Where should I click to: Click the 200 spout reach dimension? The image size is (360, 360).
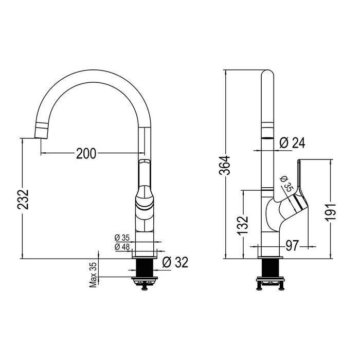click(86, 153)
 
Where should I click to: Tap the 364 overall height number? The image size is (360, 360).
click(225, 165)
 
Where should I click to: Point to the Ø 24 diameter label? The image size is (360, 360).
click(292, 143)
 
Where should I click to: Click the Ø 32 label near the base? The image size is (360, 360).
click(175, 262)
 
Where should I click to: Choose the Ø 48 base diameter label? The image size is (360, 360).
click(122, 247)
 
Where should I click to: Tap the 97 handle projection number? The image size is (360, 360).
click(292, 246)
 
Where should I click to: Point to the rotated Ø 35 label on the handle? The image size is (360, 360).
click(286, 184)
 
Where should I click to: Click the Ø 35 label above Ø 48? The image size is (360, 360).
click(122, 238)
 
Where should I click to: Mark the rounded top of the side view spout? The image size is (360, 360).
click(268, 75)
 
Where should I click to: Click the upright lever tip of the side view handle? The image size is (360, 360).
click(299, 164)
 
